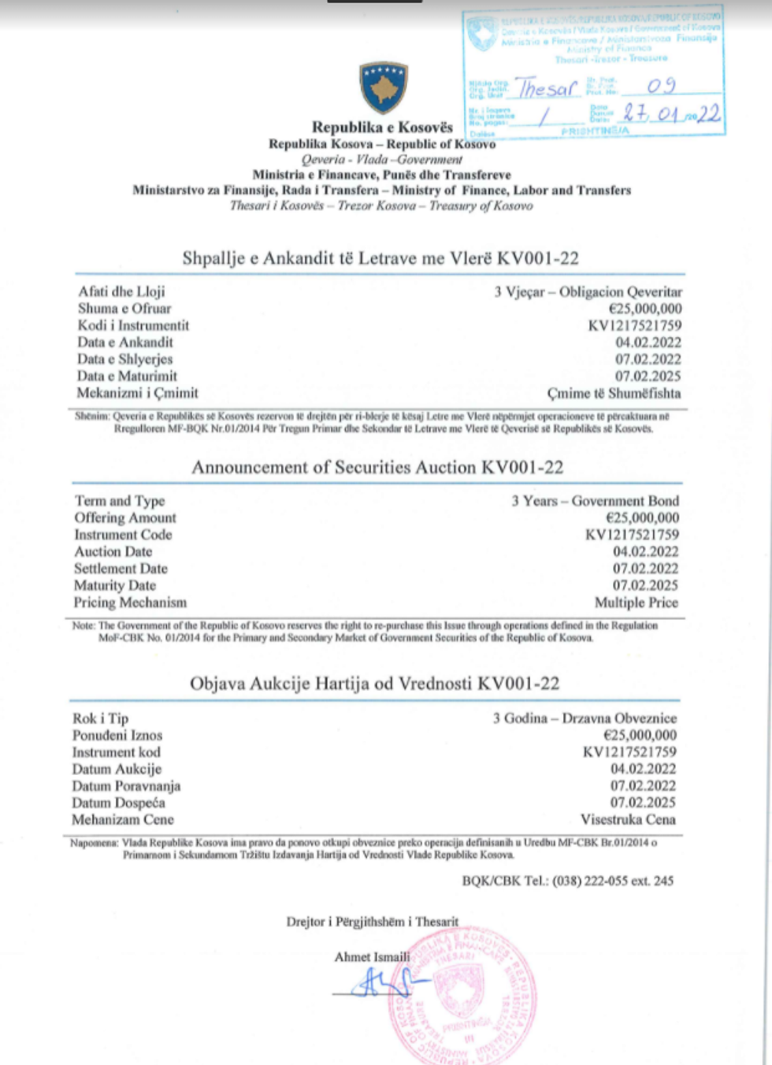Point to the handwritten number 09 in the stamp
[661, 86]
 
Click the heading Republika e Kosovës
[382, 127]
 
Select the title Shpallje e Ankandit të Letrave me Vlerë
[380, 258]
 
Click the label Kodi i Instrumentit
[133, 325]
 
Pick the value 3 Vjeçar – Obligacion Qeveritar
[588, 291]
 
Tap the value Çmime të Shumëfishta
[614, 393]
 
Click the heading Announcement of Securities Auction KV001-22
[377, 467]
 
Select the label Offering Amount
[125, 518]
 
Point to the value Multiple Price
[636, 603]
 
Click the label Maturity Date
[115, 585]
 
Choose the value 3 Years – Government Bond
[595, 501]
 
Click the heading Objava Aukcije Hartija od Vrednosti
[374, 684]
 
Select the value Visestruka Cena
[628, 819]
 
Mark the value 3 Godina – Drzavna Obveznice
[585, 718]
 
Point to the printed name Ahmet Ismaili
[372, 957]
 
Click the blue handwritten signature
[380, 984]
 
